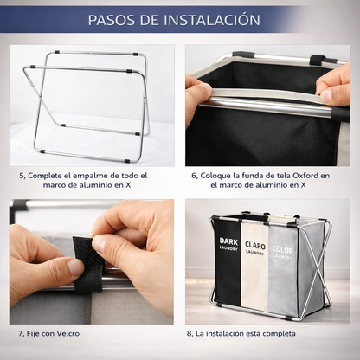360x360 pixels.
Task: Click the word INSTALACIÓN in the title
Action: pyautogui.click(x=209, y=19)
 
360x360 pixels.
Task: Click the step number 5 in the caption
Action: pyautogui.click(x=22, y=175)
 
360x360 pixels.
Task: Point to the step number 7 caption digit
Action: pyautogui.click(x=21, y=333)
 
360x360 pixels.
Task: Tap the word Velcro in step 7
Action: pyautogui.click(x=76, y=333)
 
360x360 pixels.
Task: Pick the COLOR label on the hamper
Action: pyautogui.click(x=282, y=250)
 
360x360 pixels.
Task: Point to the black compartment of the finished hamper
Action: pyautogui.click(x=227, y=277)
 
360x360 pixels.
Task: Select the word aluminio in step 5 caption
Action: pyautogui.click(x=69, y=185)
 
